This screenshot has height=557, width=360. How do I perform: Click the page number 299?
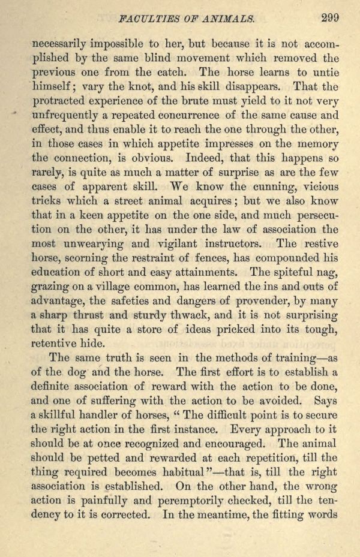[x=329, y=17]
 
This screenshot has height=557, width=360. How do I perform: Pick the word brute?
[x=211, y=101]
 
